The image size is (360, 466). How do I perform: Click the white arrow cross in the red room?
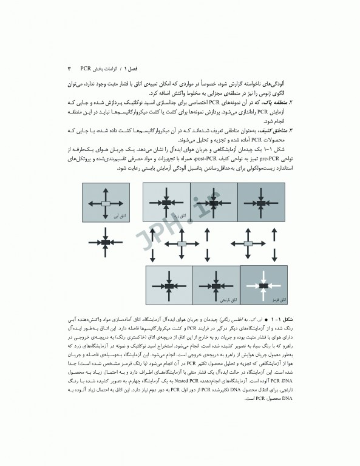coord(264,285)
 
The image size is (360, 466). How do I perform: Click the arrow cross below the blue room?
coord(105,242)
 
